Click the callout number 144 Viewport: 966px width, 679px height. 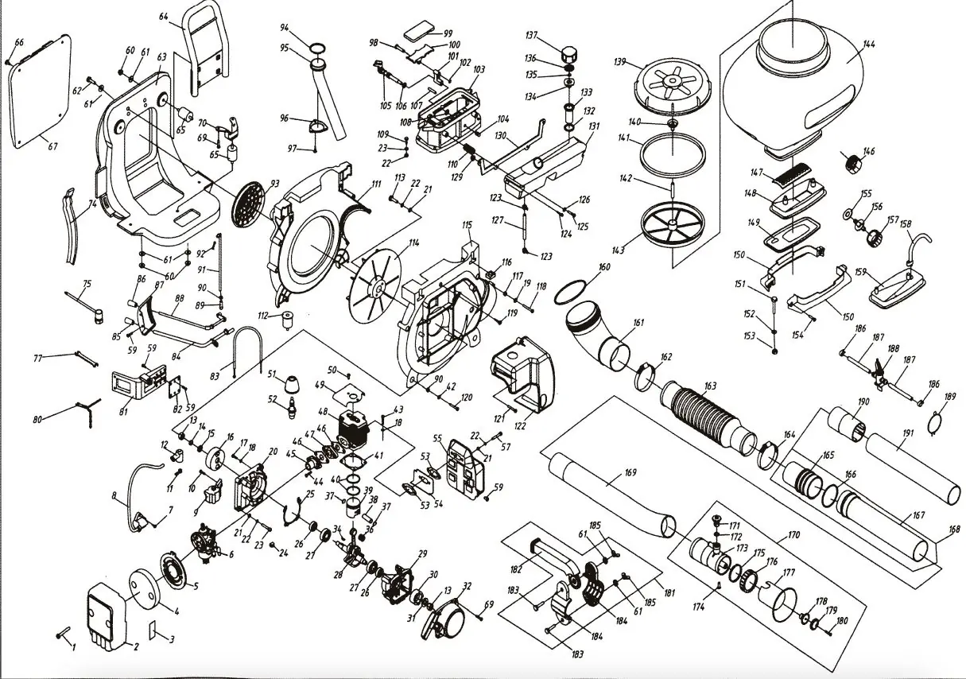(x=869, y=45)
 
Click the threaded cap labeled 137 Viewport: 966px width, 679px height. (x=568, y=54)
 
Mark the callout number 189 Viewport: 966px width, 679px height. (x=949, y=397)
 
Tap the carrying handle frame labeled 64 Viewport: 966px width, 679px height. (x=204, y=48)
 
